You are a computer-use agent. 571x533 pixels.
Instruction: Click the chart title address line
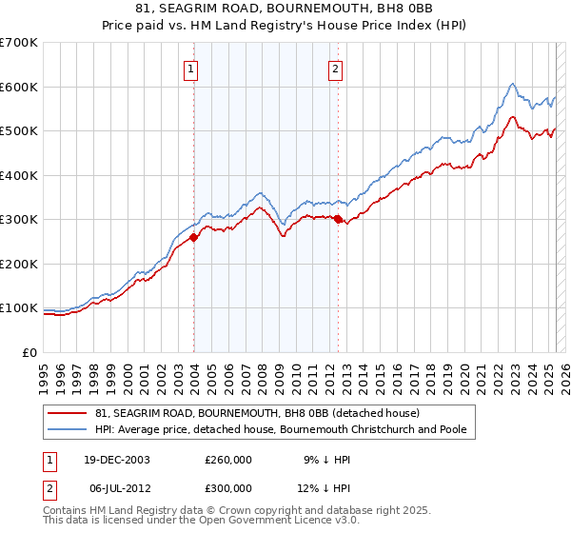285,10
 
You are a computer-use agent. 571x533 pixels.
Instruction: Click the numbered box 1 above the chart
191,69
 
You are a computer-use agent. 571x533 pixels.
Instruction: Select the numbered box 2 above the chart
336,69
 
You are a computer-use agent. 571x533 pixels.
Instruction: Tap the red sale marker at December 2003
194,238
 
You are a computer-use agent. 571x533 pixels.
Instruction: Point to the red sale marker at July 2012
339,220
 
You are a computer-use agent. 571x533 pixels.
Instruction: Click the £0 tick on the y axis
31,352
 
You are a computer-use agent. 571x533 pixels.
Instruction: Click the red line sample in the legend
69,413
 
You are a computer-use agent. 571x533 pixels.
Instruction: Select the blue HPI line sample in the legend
69,429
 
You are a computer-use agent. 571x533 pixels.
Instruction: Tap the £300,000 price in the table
228,487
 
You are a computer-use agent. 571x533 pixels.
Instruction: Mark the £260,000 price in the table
228,459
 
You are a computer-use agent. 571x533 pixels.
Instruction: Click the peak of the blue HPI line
512,84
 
